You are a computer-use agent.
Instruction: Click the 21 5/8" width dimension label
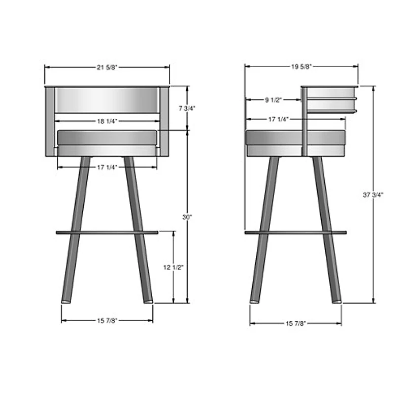(107, 66)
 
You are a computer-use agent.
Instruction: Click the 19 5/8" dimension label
(301, 66)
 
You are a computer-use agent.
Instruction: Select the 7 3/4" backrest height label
(187, 108)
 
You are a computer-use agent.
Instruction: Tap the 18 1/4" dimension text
(107, 121)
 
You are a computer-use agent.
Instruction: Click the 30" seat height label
(187, 217)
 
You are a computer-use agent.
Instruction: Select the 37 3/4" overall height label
(374, 195)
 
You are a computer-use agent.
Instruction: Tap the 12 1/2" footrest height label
(174, 267)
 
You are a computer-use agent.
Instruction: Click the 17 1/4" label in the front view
(107, 166)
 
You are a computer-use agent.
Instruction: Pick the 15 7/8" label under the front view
(107, 320)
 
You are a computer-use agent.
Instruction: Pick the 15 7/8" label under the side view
(296, 323)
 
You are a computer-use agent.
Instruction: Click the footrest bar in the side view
(295, 232)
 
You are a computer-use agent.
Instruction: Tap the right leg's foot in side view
(336, 301)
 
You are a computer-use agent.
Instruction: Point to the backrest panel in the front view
(107, 100)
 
